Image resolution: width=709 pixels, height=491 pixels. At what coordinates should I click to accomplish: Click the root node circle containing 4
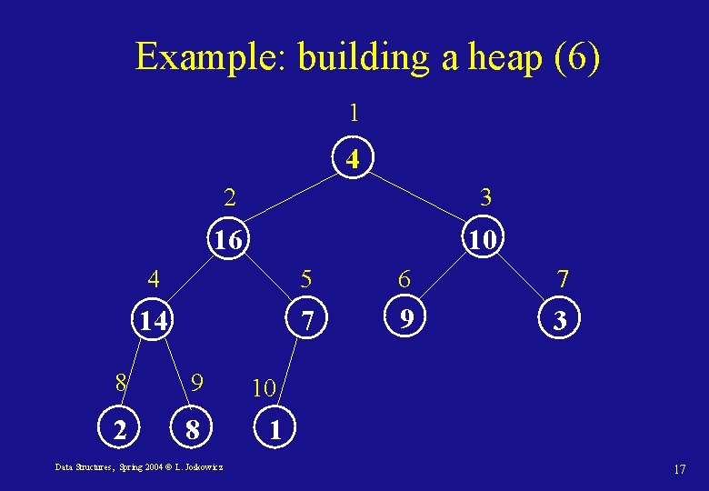pyautogui.click(x=354, y=160)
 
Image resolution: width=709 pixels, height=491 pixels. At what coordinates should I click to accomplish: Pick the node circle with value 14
pyautogui.click(x=153, y=320)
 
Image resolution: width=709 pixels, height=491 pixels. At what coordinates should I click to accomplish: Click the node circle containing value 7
pyautogui.click(x=308, y=320)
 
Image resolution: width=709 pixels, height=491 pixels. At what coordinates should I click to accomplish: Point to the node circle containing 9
pyautogui.click(x=408, y=318)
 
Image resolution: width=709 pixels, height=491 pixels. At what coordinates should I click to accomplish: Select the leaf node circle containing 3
pyautogui.click(x=561, y=320)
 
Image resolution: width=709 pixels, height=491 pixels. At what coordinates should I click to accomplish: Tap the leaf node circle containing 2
pyautogui.click(x=119, y=427)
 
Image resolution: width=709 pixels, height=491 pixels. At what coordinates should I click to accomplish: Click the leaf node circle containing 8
pyautogui.click(x=191, y=428)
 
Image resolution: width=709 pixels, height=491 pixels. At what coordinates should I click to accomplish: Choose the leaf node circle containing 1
pyautogui.click(x=274, y=428)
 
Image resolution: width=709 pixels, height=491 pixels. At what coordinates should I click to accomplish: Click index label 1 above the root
pyautogui.click(x=354, y=114)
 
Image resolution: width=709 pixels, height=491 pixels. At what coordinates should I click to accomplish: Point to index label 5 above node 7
pyautogui.click(x=306, y=277)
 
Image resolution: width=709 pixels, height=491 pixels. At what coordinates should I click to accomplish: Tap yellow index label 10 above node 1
pyautogui.click(x=264, y=388)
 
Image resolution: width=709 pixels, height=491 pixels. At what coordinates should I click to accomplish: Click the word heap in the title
pyautogui.click(x=504, y=57)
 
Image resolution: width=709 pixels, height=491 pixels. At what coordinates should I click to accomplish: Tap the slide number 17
pyautogui.click(x=679, y=469)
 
